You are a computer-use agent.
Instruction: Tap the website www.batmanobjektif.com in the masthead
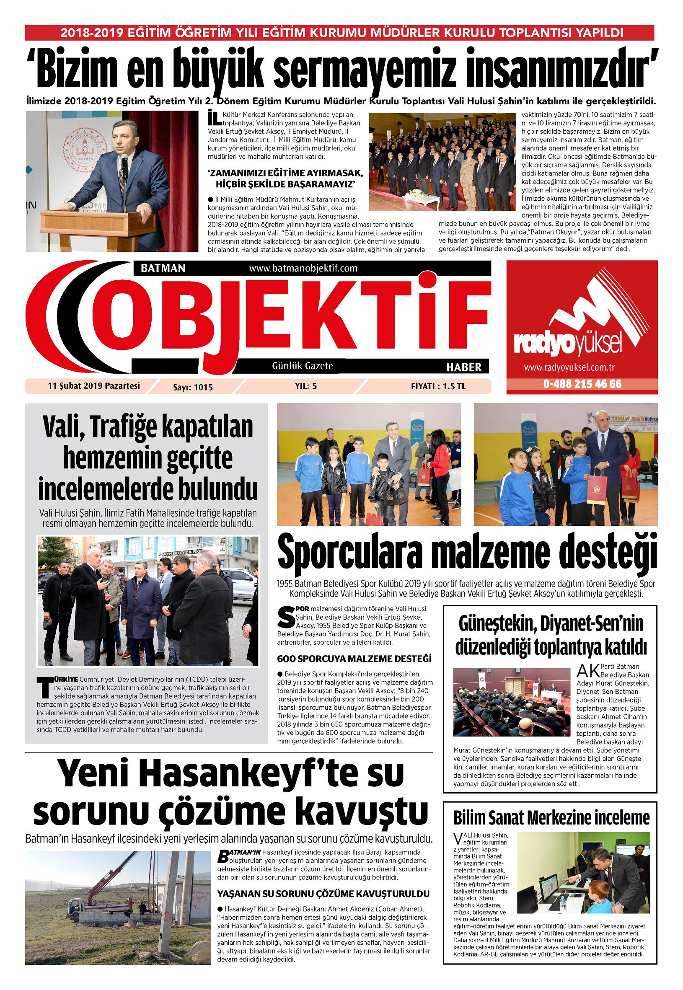click(303, 268)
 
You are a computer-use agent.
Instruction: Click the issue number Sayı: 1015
click(189, 387)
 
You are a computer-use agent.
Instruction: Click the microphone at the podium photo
click(124, 160)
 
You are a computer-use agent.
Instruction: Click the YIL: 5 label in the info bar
click(305, 385)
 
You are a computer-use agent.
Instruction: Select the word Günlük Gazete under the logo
click(302, 366)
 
